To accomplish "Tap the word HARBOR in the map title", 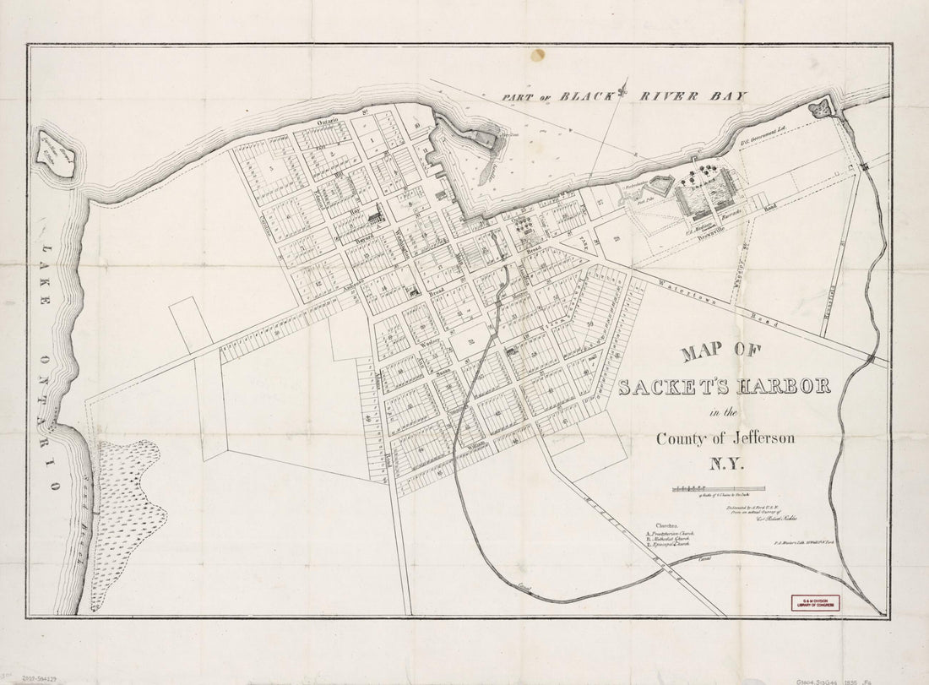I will [x=782, y=387].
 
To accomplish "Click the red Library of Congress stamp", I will [x=816, y=603].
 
